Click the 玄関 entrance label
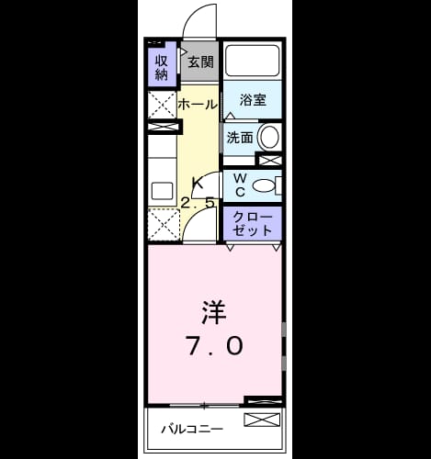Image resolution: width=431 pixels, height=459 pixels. click(200, 62)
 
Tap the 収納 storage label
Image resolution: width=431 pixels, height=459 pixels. click(162, 67)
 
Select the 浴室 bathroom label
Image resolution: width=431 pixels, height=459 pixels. click(253, 100)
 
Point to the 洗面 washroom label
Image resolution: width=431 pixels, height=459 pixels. click(240, 138)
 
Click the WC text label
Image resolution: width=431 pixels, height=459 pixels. click(241, 185)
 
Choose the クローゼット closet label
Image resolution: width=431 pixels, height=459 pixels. click(253, 224)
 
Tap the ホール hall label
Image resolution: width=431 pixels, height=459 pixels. click(198, 105)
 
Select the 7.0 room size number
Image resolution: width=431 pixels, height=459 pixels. click(214, 346)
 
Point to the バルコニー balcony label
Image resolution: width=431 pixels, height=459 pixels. click(192, 429)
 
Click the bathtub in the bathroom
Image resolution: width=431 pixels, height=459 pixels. click(253, 60)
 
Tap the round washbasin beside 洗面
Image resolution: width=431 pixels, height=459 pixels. click(269, 137)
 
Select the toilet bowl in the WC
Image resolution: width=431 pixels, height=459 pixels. click(264, 185)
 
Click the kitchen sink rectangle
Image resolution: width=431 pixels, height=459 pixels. click(162, 191)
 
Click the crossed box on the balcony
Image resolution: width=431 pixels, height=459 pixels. click(262, 420)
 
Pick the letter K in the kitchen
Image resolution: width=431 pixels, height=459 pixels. click(197, 183)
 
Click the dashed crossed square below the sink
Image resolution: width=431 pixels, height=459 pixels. click(164, 224)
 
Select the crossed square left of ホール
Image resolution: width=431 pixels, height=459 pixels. click(163, 105)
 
